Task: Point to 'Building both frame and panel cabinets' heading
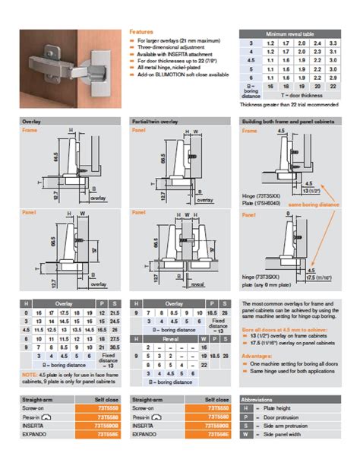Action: tap(289, 121)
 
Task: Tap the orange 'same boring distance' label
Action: tap(311, 204)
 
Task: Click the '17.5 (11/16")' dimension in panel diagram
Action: tap(321, 277)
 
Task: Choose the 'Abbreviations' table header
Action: tap(261, 399)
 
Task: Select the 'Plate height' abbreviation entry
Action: tap(279, 408)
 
